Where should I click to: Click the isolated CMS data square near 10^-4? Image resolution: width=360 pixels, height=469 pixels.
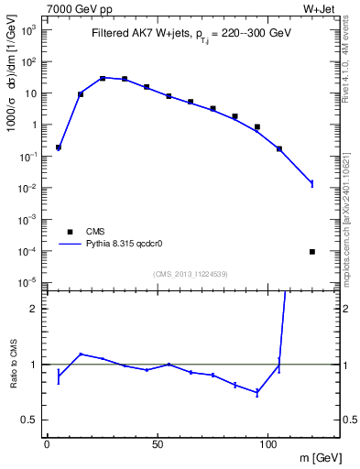coord(312,251)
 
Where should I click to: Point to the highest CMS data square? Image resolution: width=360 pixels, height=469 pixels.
coord(103,78)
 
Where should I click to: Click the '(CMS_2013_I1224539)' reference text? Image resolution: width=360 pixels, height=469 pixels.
coord(191,273)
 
